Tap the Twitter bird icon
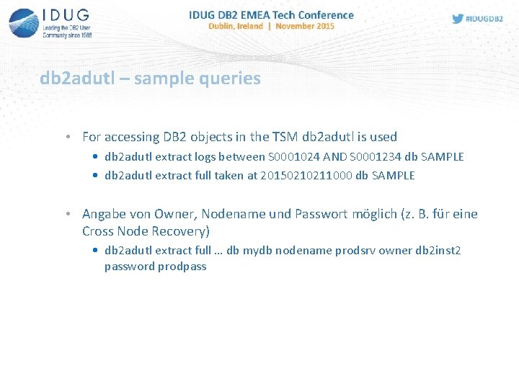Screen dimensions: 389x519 coord(458,19)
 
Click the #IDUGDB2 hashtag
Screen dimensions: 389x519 coord(485,19)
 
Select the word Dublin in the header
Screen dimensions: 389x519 coord(222,26)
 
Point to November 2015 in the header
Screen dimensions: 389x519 coord(305,26)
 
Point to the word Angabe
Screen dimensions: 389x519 coord(103,215)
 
